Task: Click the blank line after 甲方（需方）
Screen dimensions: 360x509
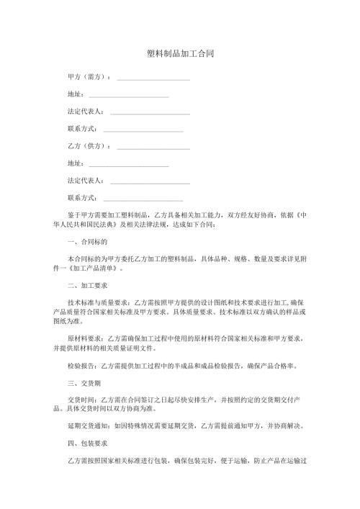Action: pyautogui.click(x=153, y=78)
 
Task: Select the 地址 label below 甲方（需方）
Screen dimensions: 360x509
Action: pyautogui.click(x=74, y=94)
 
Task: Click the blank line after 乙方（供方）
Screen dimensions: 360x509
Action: pyautogui.click(x=153, y=148)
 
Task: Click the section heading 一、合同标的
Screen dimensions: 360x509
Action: pyautogui.click(x=87, y=242)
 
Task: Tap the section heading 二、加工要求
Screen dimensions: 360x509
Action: pyautogui.click(x=87, y=286)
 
